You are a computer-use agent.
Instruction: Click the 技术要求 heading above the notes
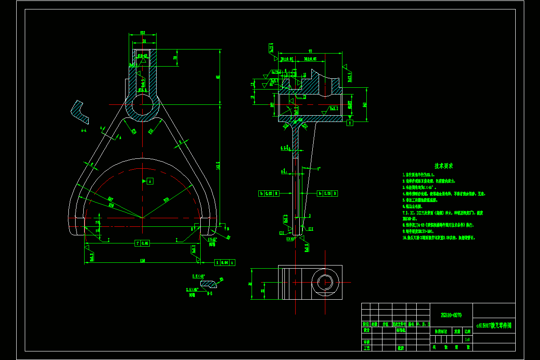click(443, 166)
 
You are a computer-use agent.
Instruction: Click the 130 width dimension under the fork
click(143, 261)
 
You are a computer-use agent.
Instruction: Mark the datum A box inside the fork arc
click(150, 181)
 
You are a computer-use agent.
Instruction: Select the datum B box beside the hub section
click(350, 122)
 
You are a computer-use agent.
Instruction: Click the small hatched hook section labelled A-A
click(80, 112)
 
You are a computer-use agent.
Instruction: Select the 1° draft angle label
click(319, 169)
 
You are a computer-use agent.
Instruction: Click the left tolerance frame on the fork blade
click(269, 193)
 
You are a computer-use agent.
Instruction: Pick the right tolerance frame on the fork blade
click(327, 193)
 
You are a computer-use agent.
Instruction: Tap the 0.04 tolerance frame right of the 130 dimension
click(225, 262)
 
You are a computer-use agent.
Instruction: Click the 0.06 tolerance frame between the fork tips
click(142, 243)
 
